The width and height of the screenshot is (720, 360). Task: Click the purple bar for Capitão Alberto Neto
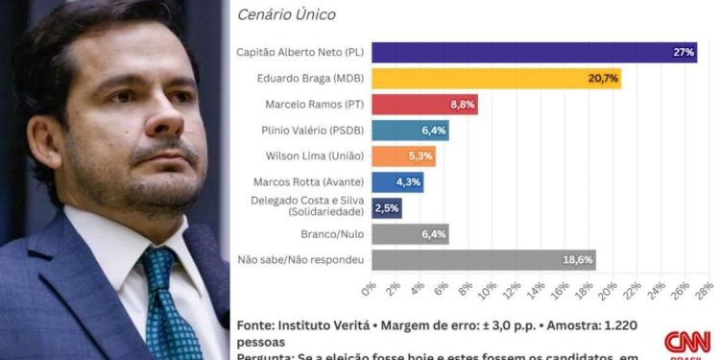(533, 53)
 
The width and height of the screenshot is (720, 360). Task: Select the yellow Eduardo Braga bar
(495, 79)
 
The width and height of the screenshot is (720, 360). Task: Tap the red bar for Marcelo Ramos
(423, 105)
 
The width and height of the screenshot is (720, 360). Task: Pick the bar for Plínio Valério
(409, 131)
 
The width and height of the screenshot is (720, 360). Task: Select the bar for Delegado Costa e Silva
(386, 207)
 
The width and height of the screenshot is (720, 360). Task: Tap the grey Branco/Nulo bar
(409, 233)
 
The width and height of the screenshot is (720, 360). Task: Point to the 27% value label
(684, 53)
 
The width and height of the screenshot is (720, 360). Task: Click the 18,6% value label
(578, 259)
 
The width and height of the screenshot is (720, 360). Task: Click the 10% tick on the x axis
(488, 289)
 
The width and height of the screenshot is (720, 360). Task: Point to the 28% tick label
(703, 289)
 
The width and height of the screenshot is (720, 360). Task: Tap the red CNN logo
(687, 342)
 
